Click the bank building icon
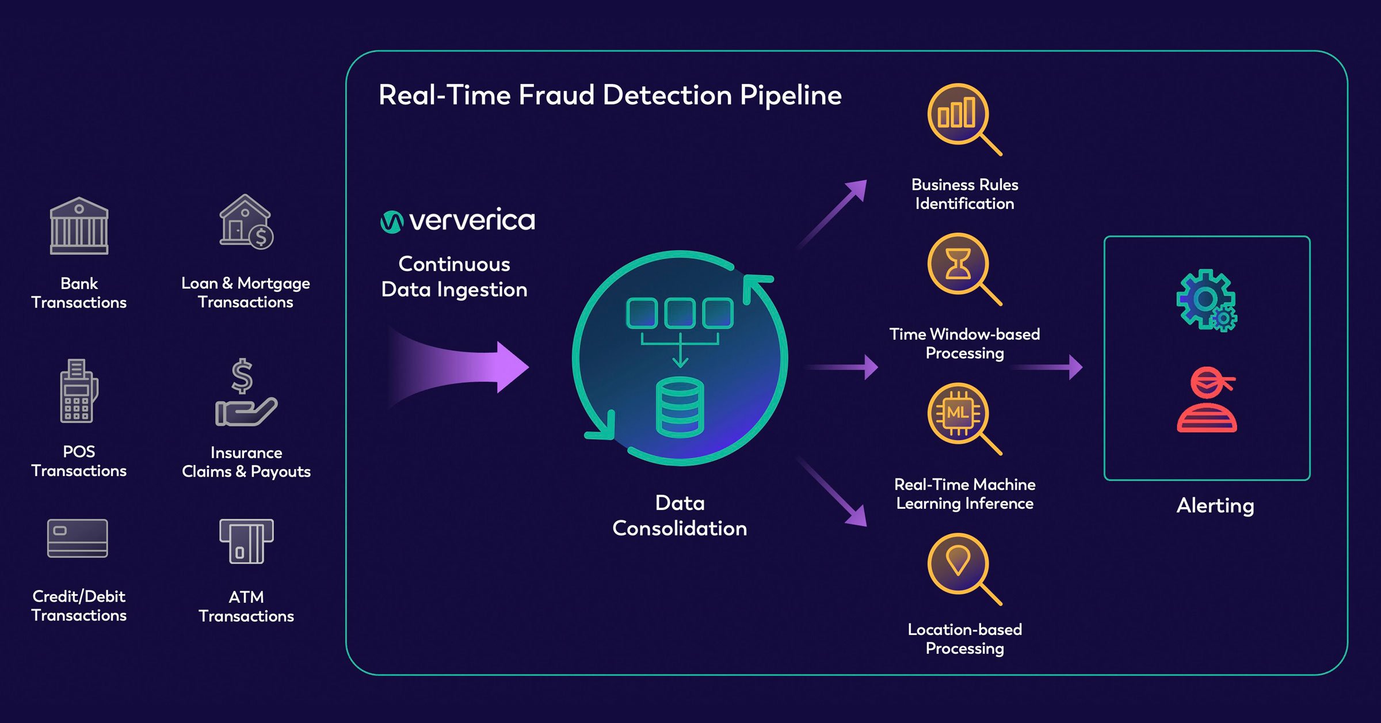tap(79, 226)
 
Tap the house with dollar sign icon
tap(246, 222)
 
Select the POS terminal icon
tap(78, 391)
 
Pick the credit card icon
tap(77, 538)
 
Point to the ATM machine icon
tap(246, 541)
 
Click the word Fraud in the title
tap(556, 95)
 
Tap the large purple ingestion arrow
tap(460, 367)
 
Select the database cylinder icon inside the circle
tap(680, 408)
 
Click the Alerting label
tap(1215, 505)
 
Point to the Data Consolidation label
tap(680, 516)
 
